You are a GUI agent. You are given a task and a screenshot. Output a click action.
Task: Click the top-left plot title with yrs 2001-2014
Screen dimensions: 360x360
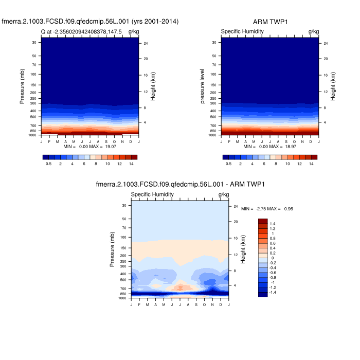[90, 22]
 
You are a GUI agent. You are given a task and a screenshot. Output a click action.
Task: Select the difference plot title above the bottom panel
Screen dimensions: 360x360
[180, 184]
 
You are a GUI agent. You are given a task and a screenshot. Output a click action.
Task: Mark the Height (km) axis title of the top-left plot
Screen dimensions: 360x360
[153, 86]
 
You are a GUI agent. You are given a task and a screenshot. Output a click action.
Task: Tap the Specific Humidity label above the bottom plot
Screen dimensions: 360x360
[152, 194]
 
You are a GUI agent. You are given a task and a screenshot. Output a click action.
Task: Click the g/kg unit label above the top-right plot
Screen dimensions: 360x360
[313, 32]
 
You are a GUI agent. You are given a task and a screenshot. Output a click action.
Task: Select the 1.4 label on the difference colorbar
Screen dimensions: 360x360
[273, 224]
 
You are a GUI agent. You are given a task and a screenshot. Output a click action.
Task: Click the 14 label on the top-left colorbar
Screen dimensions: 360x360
[131, 164]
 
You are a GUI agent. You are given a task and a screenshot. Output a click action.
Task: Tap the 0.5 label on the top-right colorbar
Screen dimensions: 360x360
[228, 164]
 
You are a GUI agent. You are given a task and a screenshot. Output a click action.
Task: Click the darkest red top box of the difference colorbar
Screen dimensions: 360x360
[262, 221]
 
